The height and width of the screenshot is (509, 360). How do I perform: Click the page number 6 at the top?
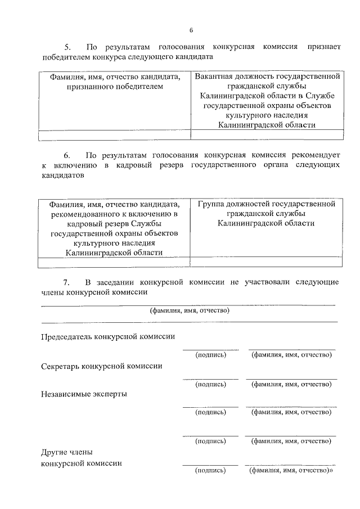click(x=191, y=30)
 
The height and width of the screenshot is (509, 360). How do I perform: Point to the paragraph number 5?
click(x=67, y=47)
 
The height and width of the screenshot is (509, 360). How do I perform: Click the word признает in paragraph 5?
click(x=322, y=47)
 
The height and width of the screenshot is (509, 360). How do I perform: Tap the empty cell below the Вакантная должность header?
click(x=267, y=134)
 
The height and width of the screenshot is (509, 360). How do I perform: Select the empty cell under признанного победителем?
click(x=114, y=134)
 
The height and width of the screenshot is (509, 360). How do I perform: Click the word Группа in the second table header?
click(x=212, y=203)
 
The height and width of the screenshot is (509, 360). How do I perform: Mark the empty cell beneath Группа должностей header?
click(x=267, y=262)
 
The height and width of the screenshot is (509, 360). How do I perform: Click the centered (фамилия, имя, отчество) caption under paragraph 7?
click(x=190, y=310)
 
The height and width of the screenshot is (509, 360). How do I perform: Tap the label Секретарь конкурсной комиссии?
click(x=102, y=366)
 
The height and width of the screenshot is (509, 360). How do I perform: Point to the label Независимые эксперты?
click(x=84, y=394)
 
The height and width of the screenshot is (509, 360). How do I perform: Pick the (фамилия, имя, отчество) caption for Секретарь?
click(x=291, y=384)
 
